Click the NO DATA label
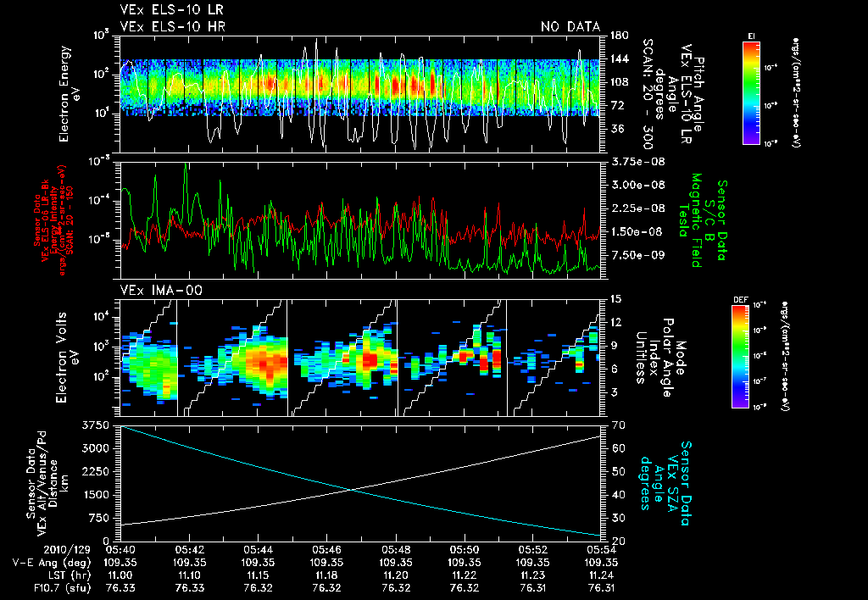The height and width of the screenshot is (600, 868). [570, 26]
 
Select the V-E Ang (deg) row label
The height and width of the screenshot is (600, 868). [40, 562]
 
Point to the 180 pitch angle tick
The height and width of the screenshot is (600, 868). [617, 36]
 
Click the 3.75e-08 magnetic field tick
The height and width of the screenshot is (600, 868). [632, 161]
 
